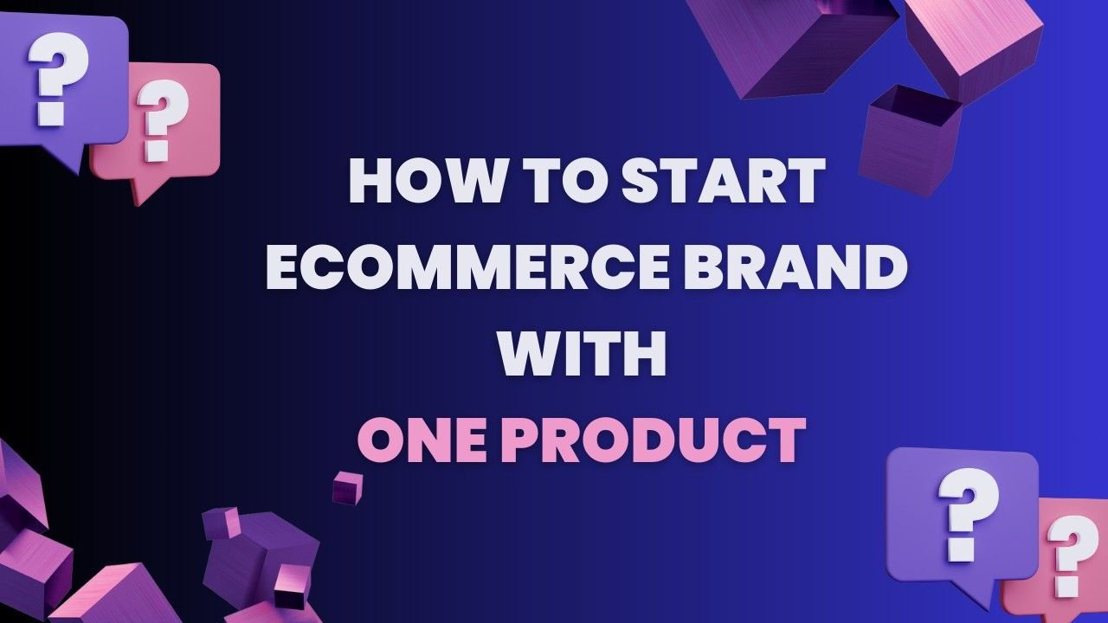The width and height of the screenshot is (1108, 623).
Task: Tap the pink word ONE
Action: [423, 440]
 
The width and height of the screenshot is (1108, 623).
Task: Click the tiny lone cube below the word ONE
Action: [347, 487]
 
